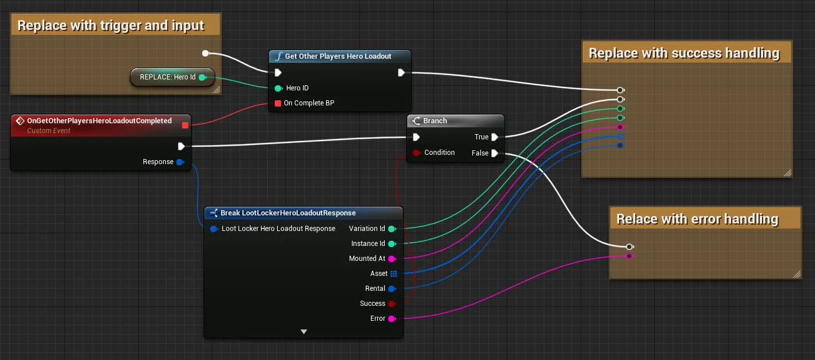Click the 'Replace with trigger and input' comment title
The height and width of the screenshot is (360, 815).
click(x=111, y=25)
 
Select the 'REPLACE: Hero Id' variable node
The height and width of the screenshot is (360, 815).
click(x=172, y=77)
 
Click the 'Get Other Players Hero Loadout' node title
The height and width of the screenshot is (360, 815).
click(x=338, y=56)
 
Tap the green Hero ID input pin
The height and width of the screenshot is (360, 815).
click(x=278, y=88)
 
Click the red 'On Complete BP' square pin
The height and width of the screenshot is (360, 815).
click(x=278, y=103)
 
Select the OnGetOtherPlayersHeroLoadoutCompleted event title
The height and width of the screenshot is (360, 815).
click(x=99, y=121)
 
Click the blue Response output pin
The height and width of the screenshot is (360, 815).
click(x=180, y=162)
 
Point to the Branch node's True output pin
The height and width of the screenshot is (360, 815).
click(x=494, y=137)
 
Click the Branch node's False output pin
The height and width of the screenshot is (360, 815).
click(x=494, y=153)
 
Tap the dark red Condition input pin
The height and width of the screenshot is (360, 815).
click(x=416, y=153)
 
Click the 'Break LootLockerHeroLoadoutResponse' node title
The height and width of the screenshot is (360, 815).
click(x=288, y=213)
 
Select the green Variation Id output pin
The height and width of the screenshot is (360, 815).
click(x=392, y=229)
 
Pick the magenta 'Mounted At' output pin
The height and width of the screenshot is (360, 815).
click(x=392, y=259)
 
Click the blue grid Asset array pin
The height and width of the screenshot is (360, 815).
click(x=393, y=274)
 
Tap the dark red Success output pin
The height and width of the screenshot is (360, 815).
click(x=392, y=304)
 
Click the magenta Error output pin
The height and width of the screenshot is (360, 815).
click(x=392, y=319)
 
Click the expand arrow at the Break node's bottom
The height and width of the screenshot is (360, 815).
click(x=304, y=332)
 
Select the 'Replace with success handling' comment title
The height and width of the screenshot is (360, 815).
click(x=684, y=53)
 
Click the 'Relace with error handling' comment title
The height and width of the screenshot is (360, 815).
click(x=697, y=219)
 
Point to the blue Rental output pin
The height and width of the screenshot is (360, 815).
click(x=392, y=289)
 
